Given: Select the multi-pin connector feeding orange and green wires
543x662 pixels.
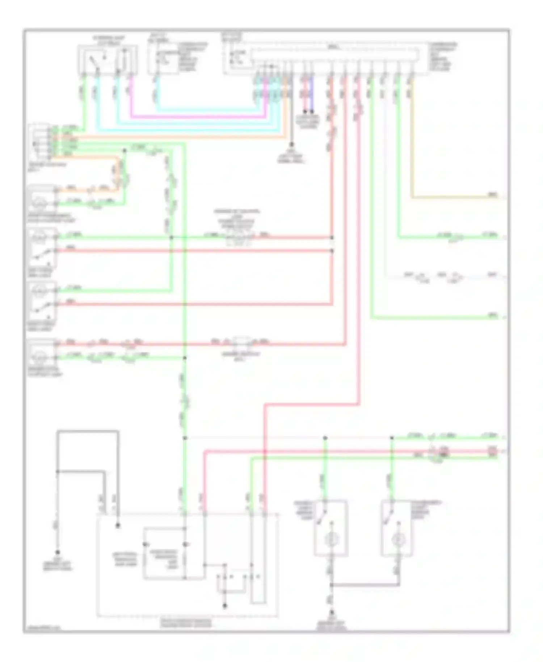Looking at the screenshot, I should click(41, 142).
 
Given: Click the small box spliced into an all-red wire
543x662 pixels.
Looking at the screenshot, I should click(240, 342).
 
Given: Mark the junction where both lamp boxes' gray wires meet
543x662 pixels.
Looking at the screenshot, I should click(331, 585).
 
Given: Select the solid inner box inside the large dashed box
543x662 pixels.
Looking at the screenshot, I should click(165, 553).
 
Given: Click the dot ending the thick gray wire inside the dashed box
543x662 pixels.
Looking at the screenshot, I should click(118, 525).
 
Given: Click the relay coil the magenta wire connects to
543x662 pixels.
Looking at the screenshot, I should click(125, 58).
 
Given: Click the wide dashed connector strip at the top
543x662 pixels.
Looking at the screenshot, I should click(335, 54).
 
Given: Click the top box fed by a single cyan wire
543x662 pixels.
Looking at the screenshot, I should click(163, 58).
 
